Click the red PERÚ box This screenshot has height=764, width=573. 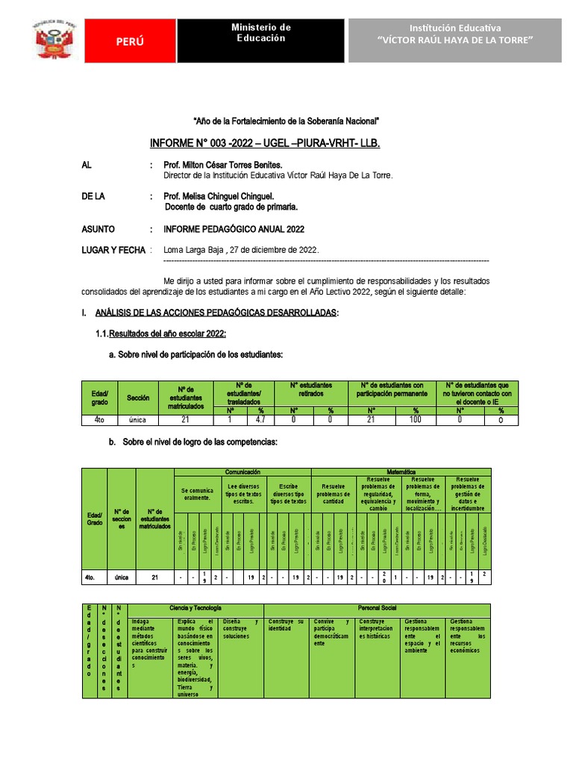(130, 42)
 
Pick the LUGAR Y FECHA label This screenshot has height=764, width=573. (113, 250)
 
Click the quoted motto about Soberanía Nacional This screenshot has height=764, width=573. (286, 120)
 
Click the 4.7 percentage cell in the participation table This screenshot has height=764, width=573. (260, 420)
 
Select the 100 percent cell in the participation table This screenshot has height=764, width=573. (416, 420)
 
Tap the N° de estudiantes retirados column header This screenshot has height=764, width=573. (311, 389)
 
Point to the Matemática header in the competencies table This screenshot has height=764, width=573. (400, 472)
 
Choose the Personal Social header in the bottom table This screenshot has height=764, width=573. (377, 608)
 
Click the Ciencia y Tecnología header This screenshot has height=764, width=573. (195, 608)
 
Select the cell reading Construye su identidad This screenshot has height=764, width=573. (286, 625)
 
